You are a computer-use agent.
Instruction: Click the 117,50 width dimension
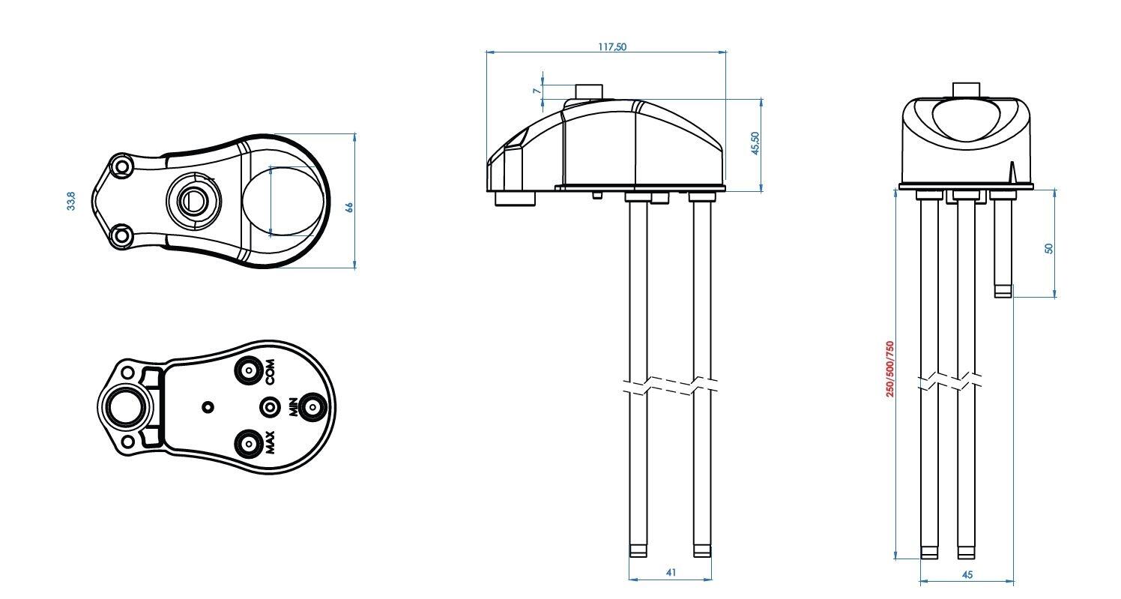[x=612, y=47]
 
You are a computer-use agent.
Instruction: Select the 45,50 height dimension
[x=755, y=143]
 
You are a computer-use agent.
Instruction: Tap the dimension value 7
[x=537, y=91]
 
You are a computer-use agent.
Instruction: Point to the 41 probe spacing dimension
[x=671, y=573]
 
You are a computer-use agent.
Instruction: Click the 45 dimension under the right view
[x=967, y=575]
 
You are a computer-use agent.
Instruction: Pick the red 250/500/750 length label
[x=889, y=369]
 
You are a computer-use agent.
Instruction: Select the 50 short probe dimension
[x=1049, y=248]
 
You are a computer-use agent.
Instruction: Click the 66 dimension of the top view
[x=349, y=208]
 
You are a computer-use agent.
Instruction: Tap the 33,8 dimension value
[x=71, y=201]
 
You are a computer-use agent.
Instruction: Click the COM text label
[x=271, y=372]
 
